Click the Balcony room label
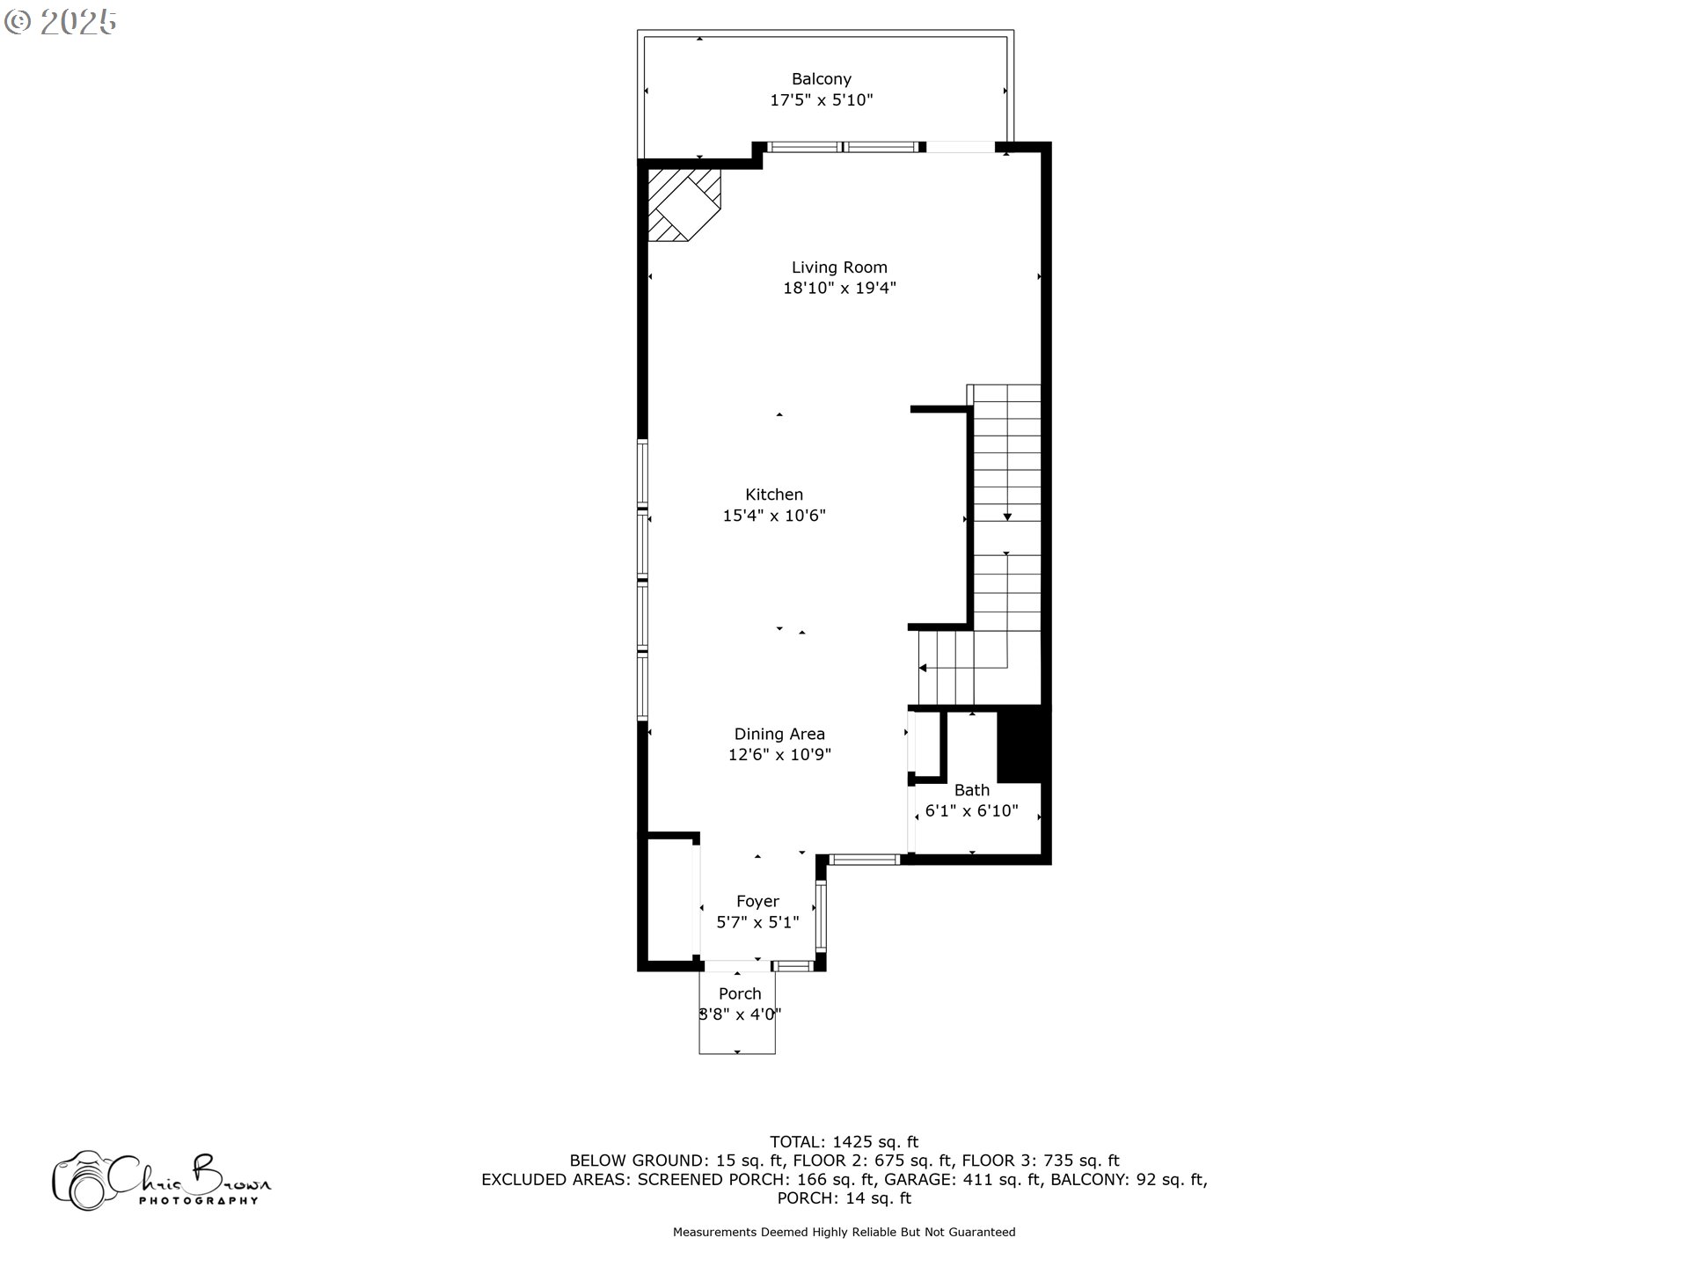point(821,79)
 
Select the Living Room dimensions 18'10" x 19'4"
point(839,288)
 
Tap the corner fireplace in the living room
point(684,205)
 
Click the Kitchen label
point(774,494)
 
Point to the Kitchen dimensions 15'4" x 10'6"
point(774,516)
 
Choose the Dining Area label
point(779,734)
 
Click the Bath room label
point(972,790)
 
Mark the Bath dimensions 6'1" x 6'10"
point(972,810)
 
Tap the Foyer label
point(757,902)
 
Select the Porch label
point(740,993)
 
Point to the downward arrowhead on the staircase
point(1007,517)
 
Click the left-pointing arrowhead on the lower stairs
point(923,668)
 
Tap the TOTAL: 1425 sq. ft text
point(844,1142)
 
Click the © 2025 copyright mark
point(61,22)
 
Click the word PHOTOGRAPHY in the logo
point(199,1200)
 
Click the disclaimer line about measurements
point(844,1232)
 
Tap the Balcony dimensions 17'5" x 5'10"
point(822,100)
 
